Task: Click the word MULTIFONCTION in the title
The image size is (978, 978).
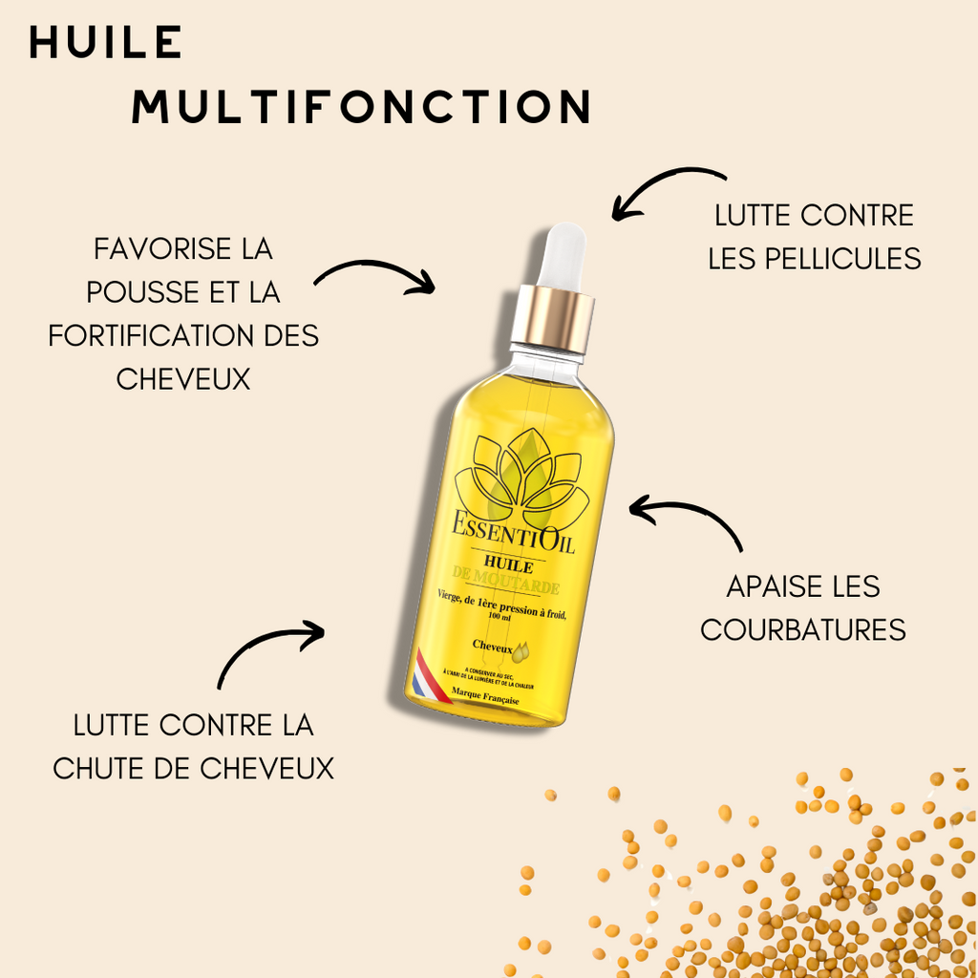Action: click(x=361, y=107)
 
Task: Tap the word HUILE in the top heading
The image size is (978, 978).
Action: click(x=105, y=42)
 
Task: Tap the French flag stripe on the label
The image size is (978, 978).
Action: click(x=423, y=674)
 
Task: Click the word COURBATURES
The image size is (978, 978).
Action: click(x=803, y=630)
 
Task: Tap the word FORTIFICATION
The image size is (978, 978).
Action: click(x=144, y=335)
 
